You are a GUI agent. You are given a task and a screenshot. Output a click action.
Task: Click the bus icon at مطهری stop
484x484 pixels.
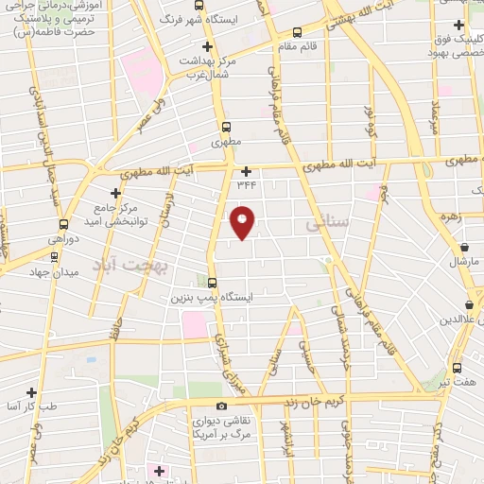click(x=225, y=126)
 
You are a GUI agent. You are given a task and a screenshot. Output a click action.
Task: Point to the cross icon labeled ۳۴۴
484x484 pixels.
click(x=247, y=171)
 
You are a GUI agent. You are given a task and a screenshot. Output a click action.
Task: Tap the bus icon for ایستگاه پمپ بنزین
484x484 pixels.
click(x=212, y=282)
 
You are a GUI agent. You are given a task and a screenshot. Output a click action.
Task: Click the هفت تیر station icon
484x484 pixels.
click(x=458, y=368)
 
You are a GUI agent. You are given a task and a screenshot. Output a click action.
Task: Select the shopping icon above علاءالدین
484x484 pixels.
click(x=470, y=304)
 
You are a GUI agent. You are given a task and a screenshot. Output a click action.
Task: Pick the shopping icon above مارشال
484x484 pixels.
click(x=464, y=247)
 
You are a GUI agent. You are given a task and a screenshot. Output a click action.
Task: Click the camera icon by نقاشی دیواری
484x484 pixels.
click(x=221, y=406)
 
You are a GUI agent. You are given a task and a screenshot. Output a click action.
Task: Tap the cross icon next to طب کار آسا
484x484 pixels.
click(x=32, y=391)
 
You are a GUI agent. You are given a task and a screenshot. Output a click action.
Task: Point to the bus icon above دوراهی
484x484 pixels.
click(x=63, y=224)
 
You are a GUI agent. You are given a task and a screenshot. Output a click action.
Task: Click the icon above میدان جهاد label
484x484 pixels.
click(x=54, y=255)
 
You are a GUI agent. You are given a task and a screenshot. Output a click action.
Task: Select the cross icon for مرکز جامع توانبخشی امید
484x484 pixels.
click(x=116, y=193)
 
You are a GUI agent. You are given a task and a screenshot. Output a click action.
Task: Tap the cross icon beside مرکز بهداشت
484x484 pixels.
click(x=207, y=45)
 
